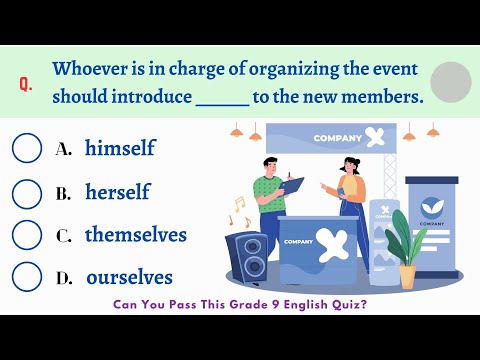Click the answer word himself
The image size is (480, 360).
[120, 147]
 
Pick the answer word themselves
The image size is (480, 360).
[136, 234]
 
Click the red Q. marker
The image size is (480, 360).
[26, 84]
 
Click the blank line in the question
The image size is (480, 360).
[223, 105]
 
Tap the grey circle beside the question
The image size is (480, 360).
[451, 82]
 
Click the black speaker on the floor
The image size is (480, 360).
[247, 257]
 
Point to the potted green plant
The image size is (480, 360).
[406, 248]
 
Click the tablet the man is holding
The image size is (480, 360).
[291, 186]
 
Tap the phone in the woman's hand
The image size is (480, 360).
[341, 192]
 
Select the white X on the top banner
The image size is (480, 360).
[374, 137]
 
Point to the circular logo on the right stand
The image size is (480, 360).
[432, 208]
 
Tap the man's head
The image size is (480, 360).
[270, 166]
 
